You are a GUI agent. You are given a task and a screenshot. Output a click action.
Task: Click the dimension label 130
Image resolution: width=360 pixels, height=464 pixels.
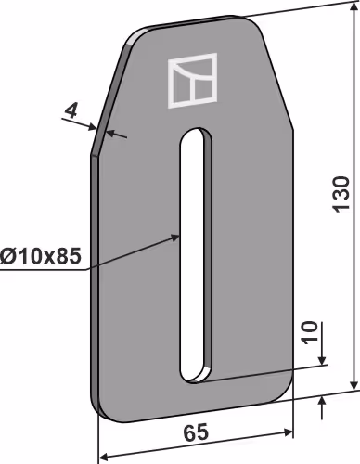pos(341,194)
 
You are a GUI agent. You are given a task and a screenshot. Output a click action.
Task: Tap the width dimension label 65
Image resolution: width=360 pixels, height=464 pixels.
pos(196,432)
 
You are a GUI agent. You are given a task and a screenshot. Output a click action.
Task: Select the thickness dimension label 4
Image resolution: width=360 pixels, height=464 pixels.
pos(71,111)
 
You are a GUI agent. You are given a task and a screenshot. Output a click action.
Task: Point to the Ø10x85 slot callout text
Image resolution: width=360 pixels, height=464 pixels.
pos(41,256)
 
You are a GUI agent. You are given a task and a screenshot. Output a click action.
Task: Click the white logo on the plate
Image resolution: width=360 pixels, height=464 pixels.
pos(192,81)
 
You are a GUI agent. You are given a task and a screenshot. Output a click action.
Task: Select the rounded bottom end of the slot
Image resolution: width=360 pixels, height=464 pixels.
pos(196,375)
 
